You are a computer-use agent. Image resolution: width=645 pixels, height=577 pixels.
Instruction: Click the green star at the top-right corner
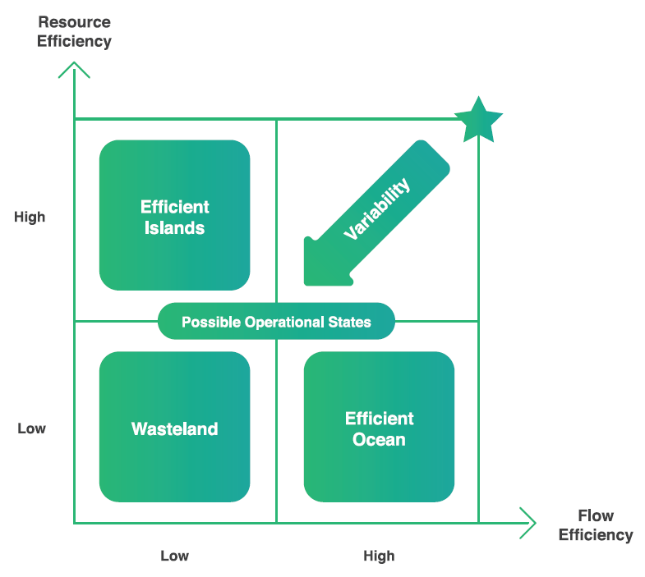[x=478, y=121]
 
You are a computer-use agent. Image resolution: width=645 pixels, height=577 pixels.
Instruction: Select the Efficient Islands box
[x=174, y=215]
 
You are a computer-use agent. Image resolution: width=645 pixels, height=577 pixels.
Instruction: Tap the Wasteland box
[x=174, y=427]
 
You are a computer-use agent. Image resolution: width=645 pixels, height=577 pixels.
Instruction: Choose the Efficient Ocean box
[x=379, y=427]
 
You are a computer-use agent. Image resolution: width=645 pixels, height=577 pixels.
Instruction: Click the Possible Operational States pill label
[x=276, y=322]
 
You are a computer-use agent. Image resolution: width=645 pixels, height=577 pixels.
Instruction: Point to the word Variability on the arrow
[x=377, y=208]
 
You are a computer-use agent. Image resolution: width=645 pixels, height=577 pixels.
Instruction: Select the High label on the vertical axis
[x=30, y=217]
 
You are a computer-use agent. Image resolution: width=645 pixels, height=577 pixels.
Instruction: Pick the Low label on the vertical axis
[x=32, y=428]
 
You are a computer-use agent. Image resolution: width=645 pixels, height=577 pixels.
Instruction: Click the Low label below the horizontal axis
[x=174, y=556]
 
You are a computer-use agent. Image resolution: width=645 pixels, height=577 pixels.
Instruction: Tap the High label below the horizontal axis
[x=379, y=556]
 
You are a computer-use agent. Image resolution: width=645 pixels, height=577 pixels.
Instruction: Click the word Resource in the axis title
[x=75, y=22]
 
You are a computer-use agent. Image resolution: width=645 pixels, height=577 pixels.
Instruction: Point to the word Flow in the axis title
[x=596, y=515]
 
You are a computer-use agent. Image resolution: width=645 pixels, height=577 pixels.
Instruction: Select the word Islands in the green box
[x=174, y=228]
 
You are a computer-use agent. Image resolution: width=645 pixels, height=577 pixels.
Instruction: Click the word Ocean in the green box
[x=379, y=439]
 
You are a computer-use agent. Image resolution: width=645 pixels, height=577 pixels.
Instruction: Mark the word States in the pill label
[x=350, y=322]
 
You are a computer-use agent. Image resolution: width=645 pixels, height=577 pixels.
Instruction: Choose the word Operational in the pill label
[x=284, y=323]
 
